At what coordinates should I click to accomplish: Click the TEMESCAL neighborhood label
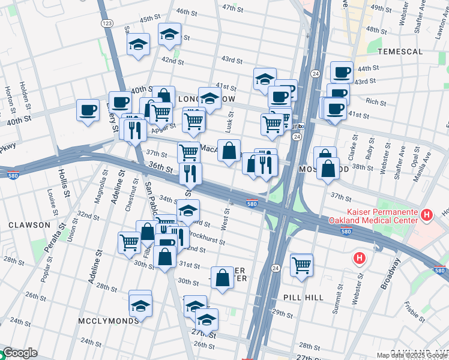[400, 52]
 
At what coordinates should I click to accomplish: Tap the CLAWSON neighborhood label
[29, 225]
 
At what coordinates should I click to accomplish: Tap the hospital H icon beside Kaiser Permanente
[427, 214]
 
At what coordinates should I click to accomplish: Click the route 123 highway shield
[107, 23]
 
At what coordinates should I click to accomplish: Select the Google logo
[20, 353]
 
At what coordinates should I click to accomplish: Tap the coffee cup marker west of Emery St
[88, 110]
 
